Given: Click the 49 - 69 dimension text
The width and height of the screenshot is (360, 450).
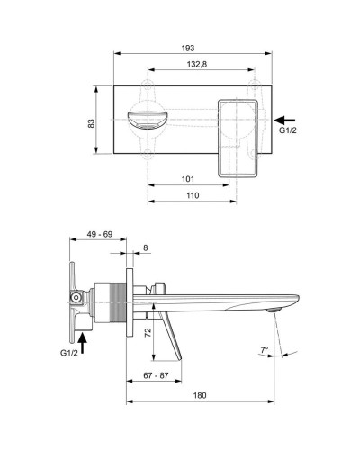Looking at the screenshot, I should click(x=100, y=233).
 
